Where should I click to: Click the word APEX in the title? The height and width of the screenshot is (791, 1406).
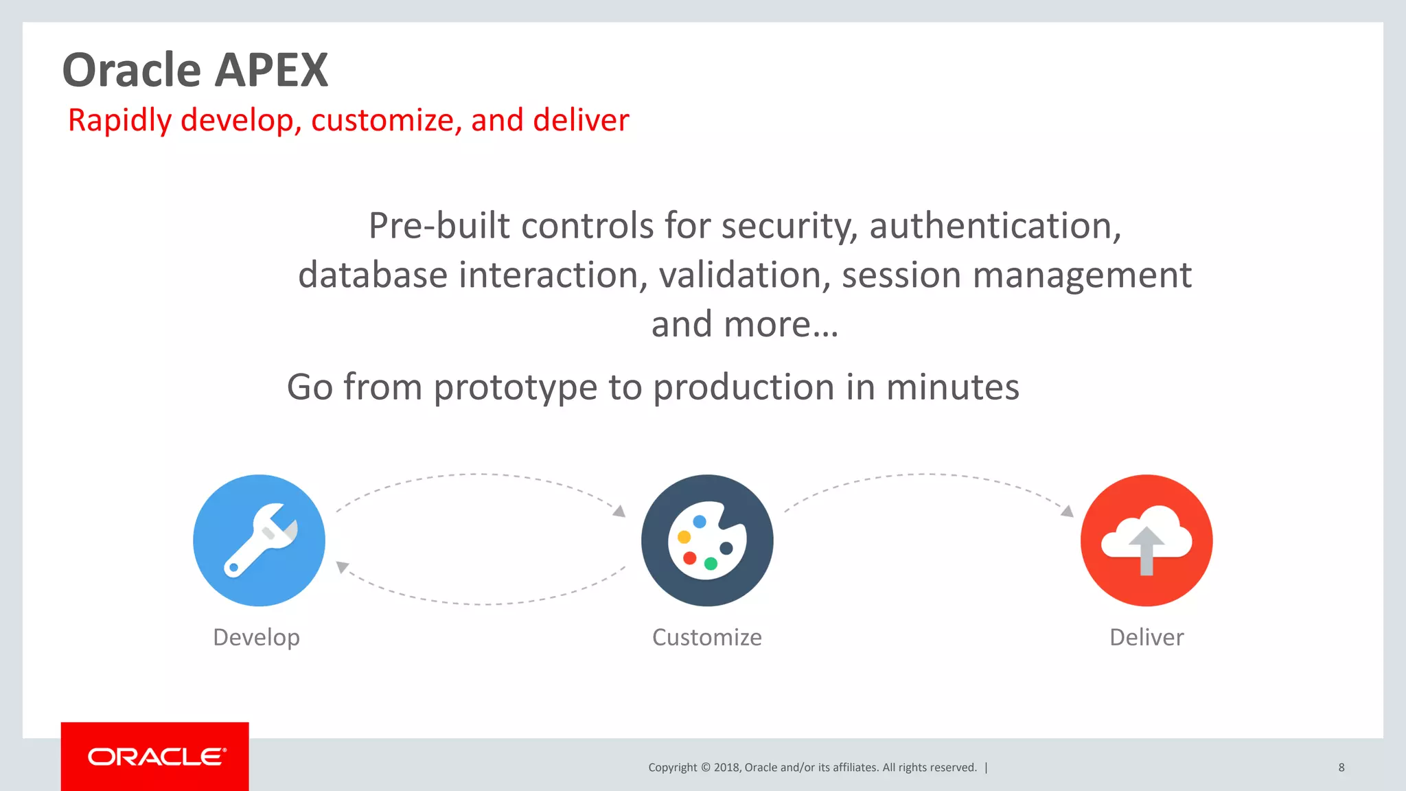(273, 71)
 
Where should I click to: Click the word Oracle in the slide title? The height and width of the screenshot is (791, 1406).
(131, 71)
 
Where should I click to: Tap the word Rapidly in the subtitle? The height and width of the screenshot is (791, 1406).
(119, 121)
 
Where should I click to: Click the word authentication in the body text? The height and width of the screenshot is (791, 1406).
(995, 226)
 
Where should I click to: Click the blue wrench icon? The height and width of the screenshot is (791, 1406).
(259, 540)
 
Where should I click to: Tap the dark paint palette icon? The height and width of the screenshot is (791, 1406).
(707, 540)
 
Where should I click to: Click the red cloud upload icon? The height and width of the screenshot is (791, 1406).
(1146, 540)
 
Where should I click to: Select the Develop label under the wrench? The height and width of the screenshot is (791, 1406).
(256, 637)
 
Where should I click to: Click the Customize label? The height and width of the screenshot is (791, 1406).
(706, 637)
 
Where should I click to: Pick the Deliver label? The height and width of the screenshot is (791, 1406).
(1146, 637)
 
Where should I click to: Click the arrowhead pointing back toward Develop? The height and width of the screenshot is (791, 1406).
(342, 566)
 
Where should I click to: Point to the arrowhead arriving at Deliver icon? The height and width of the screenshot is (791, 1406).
(1068, 511)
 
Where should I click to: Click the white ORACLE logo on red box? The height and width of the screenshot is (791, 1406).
(157, 757)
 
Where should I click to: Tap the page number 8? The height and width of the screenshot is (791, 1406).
(1341, 768)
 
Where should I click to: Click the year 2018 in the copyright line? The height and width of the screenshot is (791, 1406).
(726, 768)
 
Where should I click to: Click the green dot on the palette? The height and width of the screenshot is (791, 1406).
(711, 564)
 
